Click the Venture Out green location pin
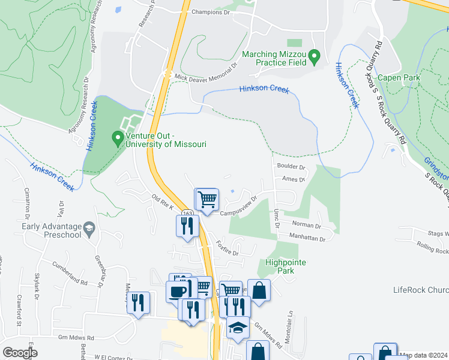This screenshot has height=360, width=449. pyautogui.click(x=118, y=139)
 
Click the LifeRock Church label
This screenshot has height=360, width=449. pyautogui.click(x=420, y=290)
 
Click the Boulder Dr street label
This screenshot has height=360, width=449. pyautogui.click(x=291, y=167)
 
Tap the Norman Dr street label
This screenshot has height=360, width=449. pyautogui.click(x=306, y=226)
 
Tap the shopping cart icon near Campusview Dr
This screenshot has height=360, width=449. pyautogui.click(x=208, y=199)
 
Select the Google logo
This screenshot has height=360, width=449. pyautogui.click(x=20, y=353)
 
